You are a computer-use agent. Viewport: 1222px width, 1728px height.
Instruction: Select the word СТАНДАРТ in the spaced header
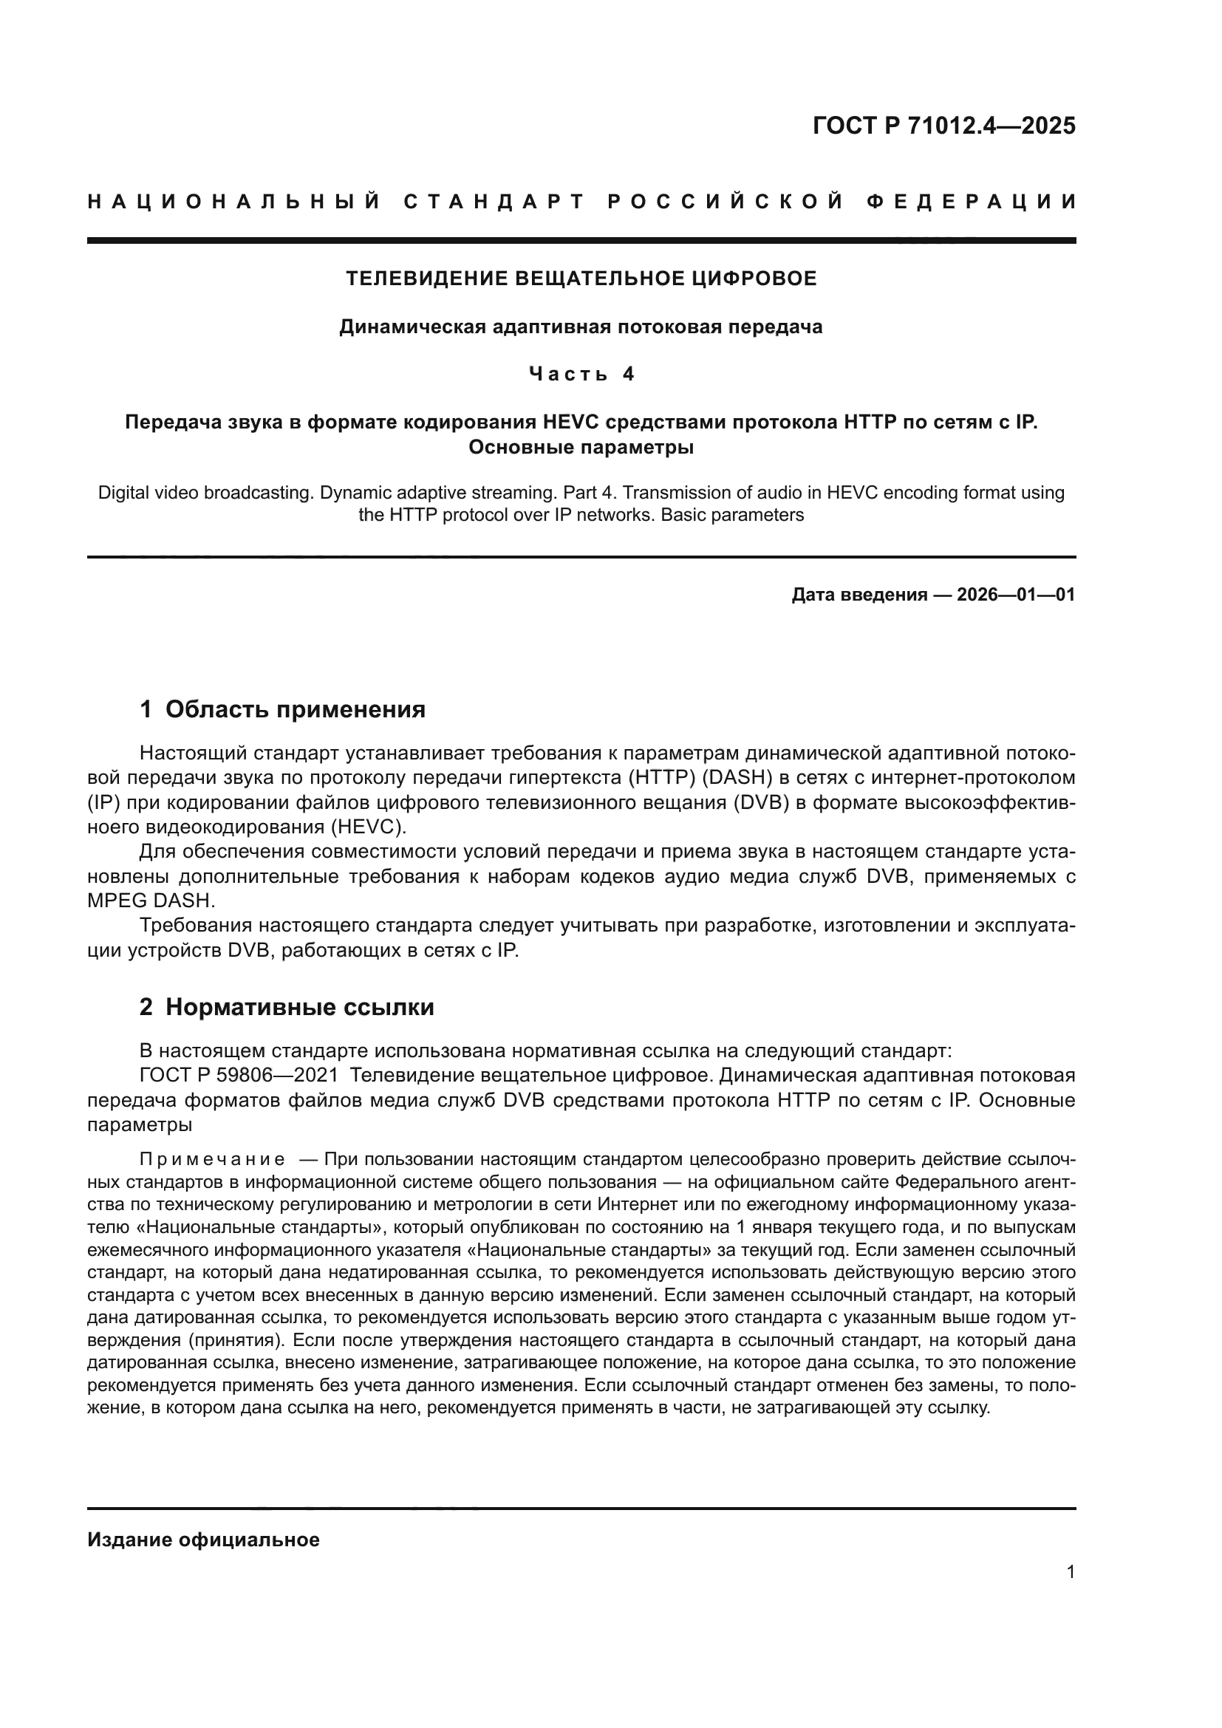tap(494, 202)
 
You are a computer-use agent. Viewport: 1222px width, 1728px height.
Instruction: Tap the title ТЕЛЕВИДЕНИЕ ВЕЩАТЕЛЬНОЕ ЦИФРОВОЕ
tap(581, 279)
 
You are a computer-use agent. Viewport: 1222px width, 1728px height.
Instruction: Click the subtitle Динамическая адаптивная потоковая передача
tap(581, 327)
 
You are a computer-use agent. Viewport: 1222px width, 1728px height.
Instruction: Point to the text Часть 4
tap(581, 374)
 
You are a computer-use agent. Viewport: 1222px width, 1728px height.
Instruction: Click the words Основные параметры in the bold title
tap(581, 447)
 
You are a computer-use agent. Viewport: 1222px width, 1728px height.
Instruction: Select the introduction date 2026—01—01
tap(1016, 595)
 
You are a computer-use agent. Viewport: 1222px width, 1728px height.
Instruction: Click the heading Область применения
tap(295, 709)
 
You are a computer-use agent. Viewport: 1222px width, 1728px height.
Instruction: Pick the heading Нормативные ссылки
tap(299, 1007)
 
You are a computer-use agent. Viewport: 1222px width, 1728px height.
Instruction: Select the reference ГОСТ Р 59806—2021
tap(239, 1076)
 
